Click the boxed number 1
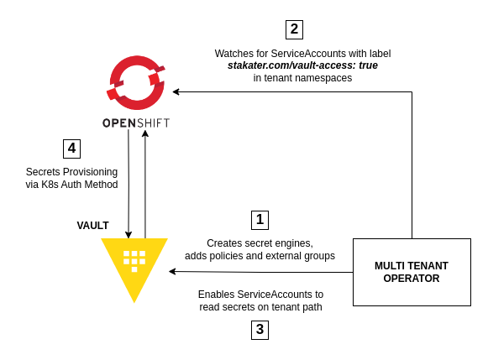[x=260, y=220]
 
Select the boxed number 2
[x=294, y=30]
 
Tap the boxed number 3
[x=260, y=330]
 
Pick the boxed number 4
[x=71, y=149]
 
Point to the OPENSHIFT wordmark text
[x=136, y=123]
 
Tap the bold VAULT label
[x=92, y=226]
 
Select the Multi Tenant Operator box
[x=412, y=272]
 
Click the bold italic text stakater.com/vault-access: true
[x=302, y=65]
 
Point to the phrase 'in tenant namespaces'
[x=302, y=78]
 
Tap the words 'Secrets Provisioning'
[x=71, y=172]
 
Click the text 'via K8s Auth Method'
[x=71, y=185]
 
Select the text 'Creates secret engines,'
[x=260, y=243]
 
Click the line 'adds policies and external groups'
[x=260, y=256]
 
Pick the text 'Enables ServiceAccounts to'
[x=261, y=294]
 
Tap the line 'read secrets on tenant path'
[x=261, y=307]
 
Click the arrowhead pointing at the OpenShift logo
[x=176, y=91]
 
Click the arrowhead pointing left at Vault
[x=172, y=271]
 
